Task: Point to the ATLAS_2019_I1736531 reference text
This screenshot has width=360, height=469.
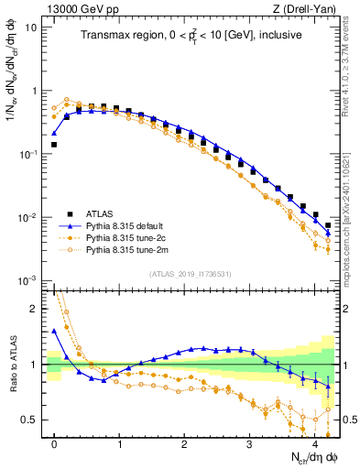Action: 191,273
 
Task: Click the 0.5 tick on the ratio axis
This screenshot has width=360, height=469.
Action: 30,420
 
